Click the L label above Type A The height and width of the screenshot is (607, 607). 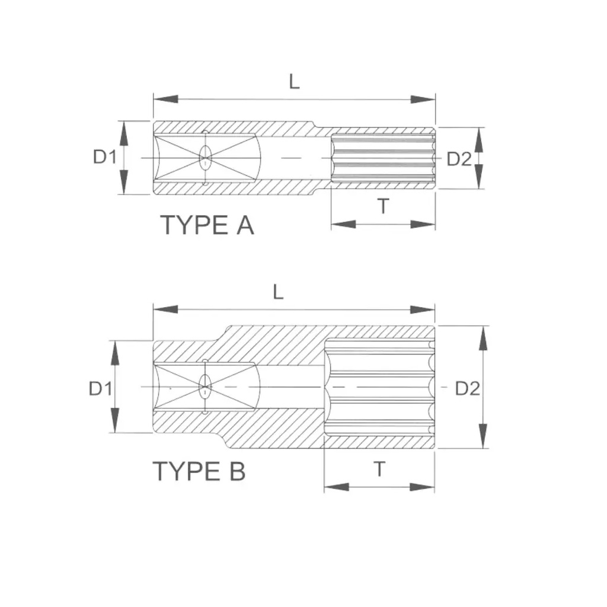(x=294, y=82)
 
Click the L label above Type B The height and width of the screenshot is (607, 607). (x=278, y=292)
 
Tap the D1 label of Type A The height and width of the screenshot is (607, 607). (x=104, y=157)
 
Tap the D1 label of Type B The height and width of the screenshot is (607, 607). (x=100, y=388)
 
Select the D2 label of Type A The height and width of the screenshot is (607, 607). (x=459, y=159)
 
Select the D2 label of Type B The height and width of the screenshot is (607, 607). (x=468, y=388)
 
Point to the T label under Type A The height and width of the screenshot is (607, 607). (x=384, y=206)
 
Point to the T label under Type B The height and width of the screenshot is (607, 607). (x=380, y=469)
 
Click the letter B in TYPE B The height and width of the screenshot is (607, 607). (x=238, y=471)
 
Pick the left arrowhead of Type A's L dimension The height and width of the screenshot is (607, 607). (x=166, y=99)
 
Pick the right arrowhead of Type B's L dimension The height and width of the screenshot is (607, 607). (x=423, y=309)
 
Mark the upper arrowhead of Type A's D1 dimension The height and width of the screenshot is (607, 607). (x=123, y=133)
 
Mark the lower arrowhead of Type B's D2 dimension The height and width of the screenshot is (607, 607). (x=483, y=436)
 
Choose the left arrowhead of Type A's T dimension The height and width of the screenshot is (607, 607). (x=343, y=224)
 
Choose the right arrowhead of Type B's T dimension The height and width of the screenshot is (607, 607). (x=422, y=487)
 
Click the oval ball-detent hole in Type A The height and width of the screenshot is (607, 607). (x=205, y=158)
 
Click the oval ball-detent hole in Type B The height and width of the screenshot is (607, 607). (x=205, y=386)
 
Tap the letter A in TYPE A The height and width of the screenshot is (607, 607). (x=245, y=225)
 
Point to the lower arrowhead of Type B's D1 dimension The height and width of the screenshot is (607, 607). (x=115, y=420)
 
